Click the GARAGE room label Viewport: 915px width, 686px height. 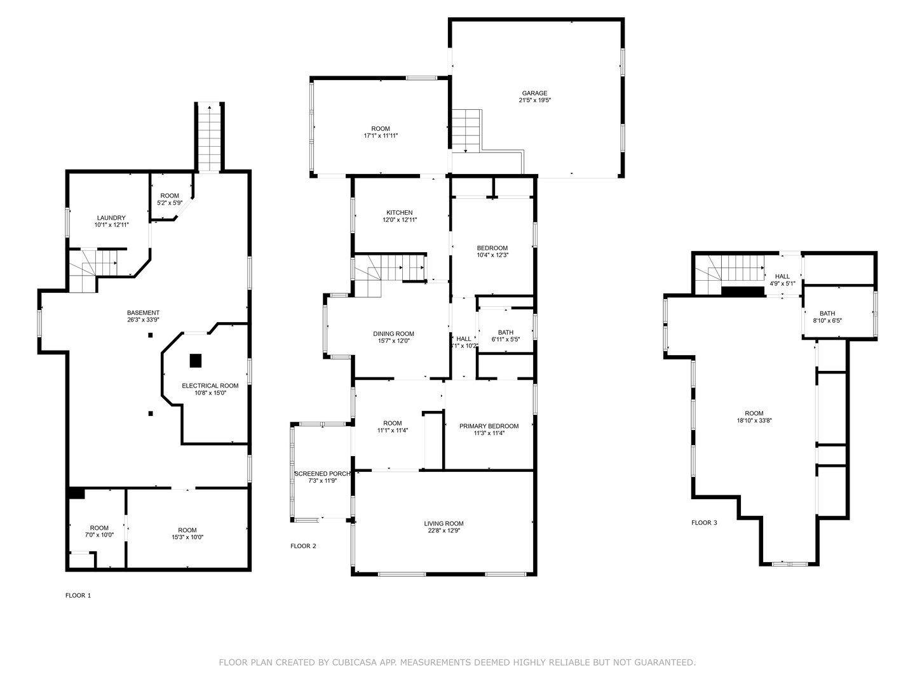534,93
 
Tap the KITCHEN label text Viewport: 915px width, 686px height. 400,213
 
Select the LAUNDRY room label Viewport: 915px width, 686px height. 111,218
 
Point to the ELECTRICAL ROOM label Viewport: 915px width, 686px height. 210,386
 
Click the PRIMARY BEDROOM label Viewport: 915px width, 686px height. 489,426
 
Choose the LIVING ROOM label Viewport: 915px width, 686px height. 444,524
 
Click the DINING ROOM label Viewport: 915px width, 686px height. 393,333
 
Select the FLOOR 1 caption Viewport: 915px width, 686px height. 78,595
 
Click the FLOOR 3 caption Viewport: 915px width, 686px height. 704,523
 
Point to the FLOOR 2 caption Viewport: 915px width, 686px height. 303,546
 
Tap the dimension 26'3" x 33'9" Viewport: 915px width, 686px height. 143,320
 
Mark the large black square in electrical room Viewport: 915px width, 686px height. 196,360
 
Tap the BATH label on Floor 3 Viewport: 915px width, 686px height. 827,313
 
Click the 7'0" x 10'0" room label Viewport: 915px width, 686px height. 99,535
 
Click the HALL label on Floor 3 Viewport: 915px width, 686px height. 782,276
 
